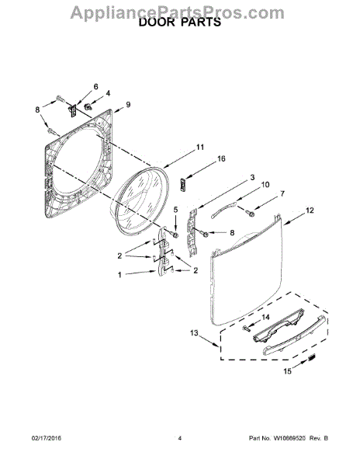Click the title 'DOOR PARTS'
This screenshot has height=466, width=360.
(x=180, y=23)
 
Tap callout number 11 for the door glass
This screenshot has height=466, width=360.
(x=200, y=147)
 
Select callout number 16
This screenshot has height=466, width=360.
(x=221, y=158)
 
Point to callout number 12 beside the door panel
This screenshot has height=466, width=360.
(x=310, y=210)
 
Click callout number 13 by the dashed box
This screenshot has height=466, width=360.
(x=194, y=333)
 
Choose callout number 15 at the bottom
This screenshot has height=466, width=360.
(x=287, y=371)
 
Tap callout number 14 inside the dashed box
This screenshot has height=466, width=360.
(x=265, y=318)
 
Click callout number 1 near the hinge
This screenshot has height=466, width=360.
(x=119, y=275)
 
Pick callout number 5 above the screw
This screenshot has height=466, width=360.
(x=175, y=210)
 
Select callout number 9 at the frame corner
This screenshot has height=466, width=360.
(x=128, y=105)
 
